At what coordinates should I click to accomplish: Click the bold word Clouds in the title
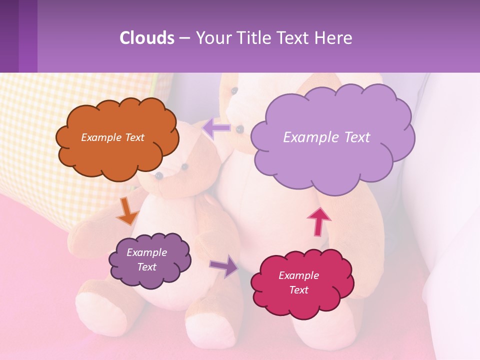pos(147,38)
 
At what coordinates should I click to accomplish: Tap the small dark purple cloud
pos(149,260)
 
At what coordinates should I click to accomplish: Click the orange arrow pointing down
pos(127,211)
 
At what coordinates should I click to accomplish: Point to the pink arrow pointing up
pos(318,220)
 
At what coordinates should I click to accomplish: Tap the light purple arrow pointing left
pos(216,128)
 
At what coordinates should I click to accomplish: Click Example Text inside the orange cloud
pos(112,137)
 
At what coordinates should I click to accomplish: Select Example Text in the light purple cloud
pos(326,137)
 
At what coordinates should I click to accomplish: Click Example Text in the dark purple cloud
pos(146,259)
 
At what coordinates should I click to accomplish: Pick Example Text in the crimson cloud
pos(298,282)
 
